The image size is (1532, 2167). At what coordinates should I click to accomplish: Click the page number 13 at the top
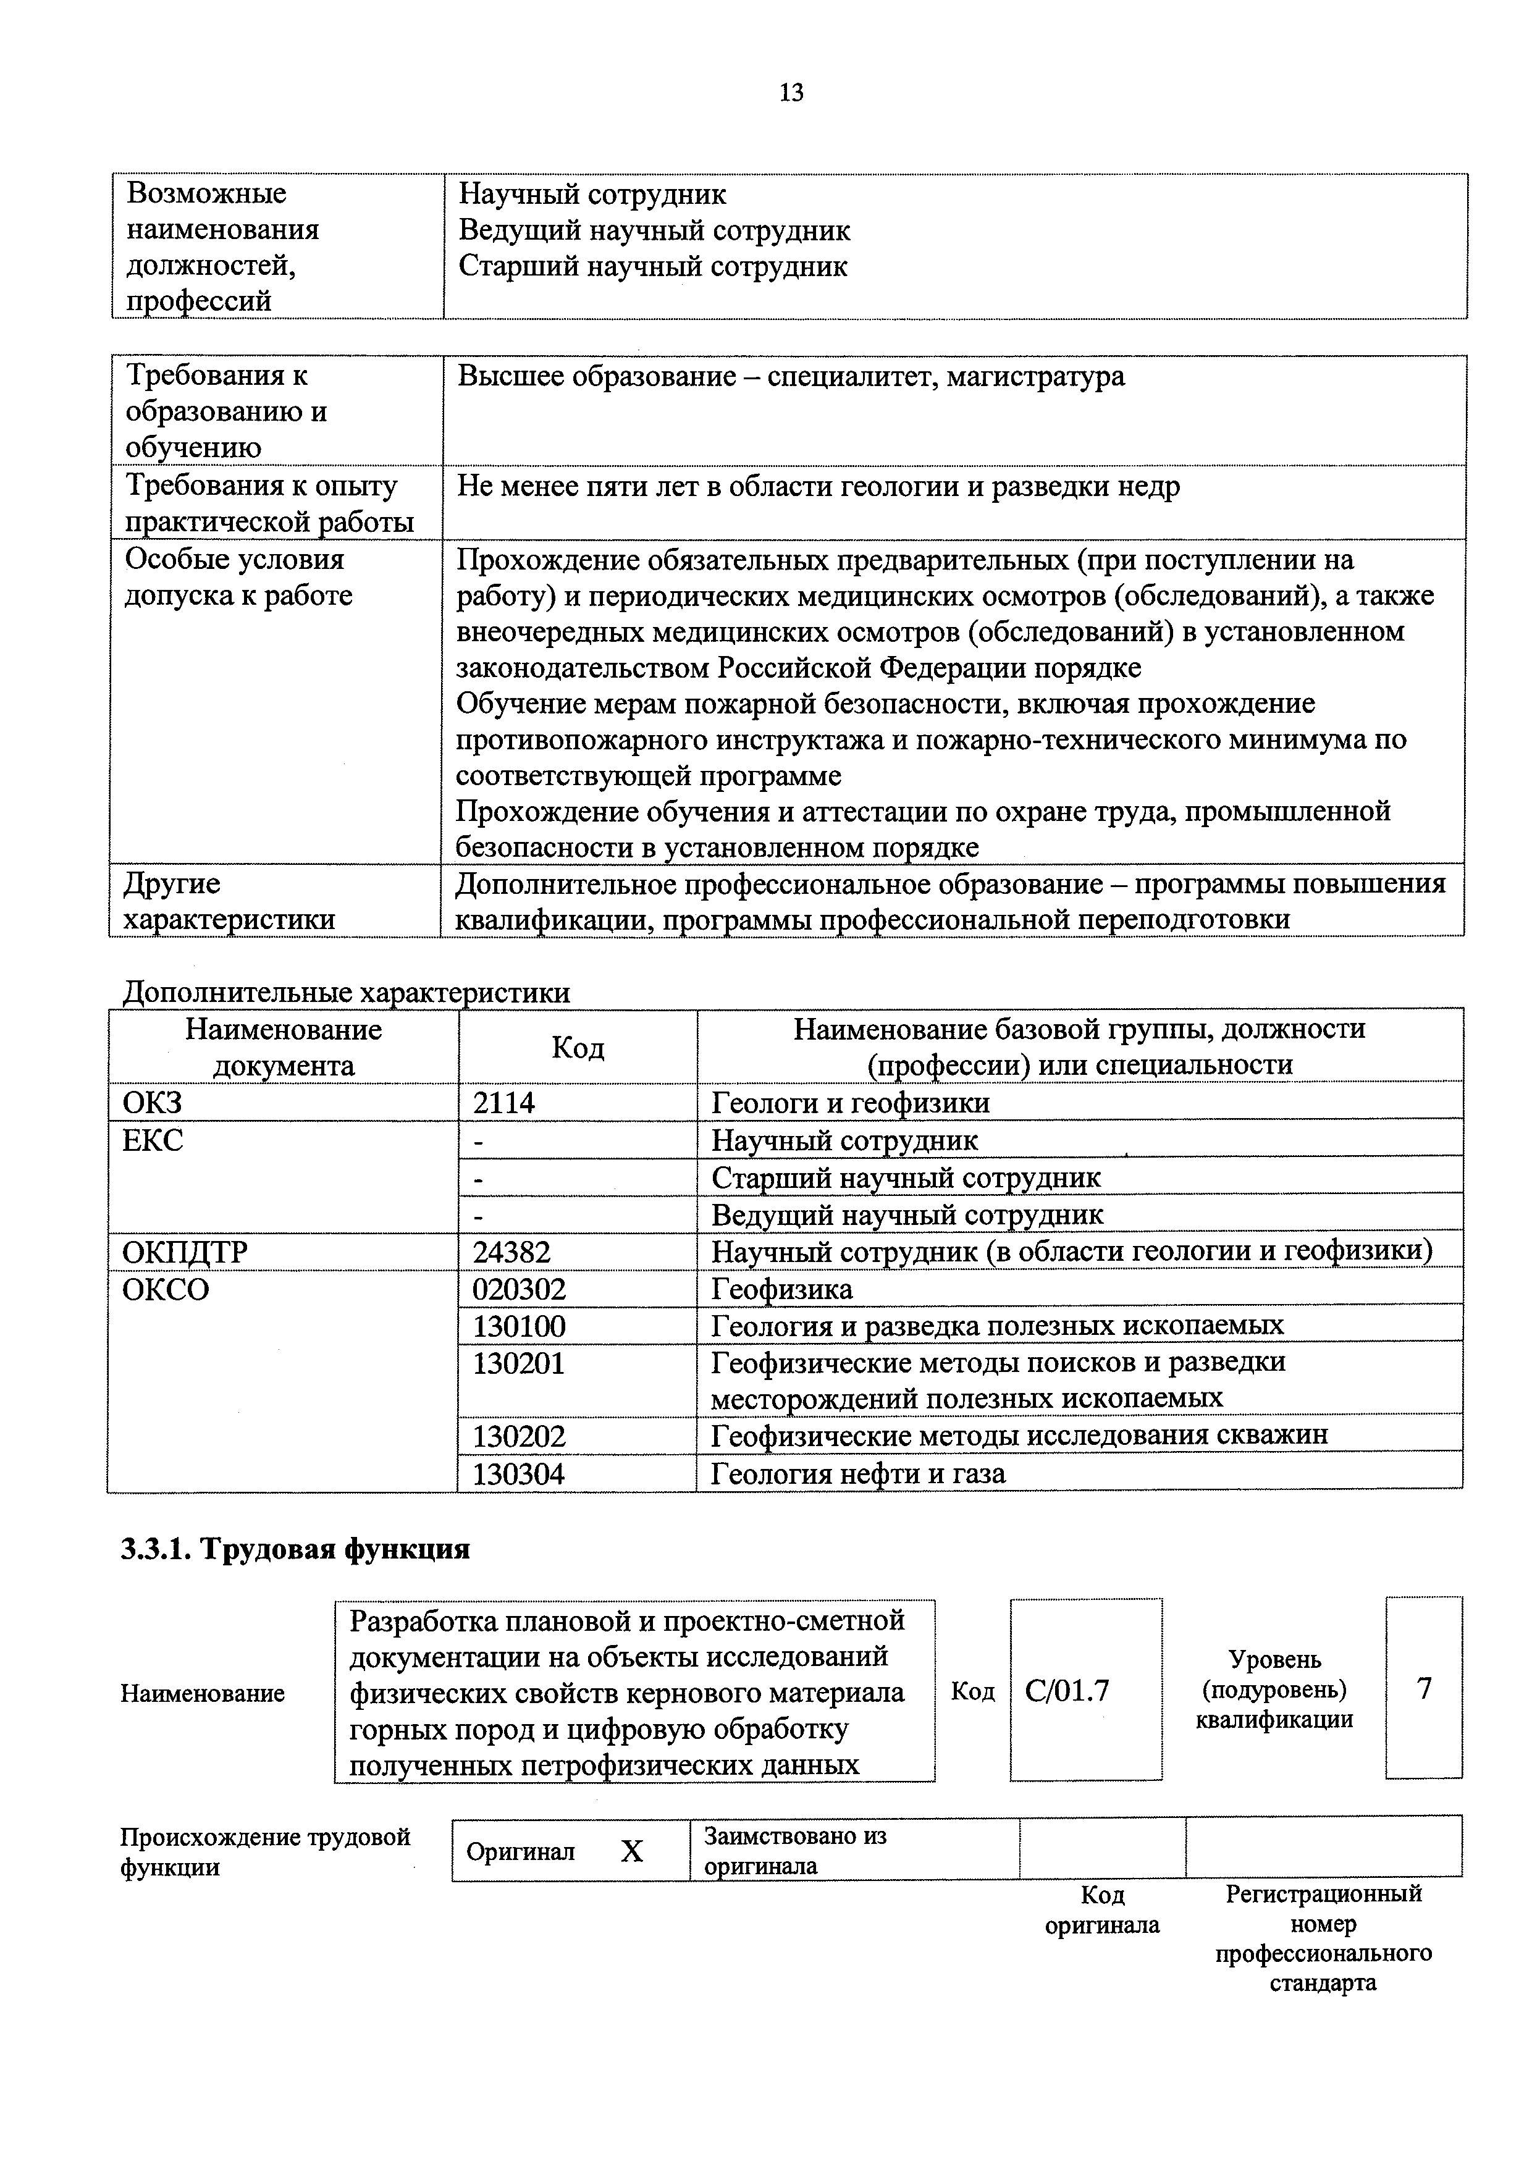(x=791, y=93)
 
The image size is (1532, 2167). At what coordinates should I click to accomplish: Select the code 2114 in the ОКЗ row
(x=504, y=1103)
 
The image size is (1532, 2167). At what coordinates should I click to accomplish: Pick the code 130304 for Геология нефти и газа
(x=518, y=1473)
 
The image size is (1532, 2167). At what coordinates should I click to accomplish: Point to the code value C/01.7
(x=1067, y=1689)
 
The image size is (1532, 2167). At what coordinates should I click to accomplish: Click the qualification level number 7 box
(x=1423, y=1688)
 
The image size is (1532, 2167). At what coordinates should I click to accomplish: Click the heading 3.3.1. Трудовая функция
(x=295, y=1549)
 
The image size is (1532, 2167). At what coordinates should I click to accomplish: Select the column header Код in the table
(x=578, y=1046)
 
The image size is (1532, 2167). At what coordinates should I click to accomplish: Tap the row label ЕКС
(x=153, y=1140)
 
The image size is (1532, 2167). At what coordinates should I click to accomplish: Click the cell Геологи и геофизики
(x=851, y=1103)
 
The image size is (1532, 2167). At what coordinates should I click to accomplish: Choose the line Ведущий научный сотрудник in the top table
(x=654, y=230)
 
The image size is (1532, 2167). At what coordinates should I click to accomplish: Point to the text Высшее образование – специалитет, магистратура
(x=791, y=377)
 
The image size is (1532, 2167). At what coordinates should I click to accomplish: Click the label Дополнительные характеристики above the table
(x=347, y=992)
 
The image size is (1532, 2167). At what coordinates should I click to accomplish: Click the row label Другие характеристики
(x=229, y=901)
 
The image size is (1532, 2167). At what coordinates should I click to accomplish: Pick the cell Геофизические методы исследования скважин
(x=1019, y=1436)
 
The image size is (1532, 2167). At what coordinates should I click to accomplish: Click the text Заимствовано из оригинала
(x=796, y=1851)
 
